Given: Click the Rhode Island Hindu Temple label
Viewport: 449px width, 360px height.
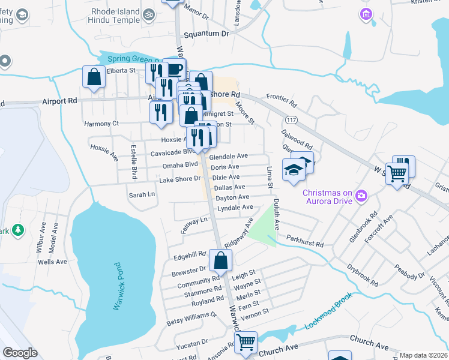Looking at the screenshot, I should click(x=115, y=16).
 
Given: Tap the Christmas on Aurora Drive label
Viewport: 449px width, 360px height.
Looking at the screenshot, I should click(x=327, y=197).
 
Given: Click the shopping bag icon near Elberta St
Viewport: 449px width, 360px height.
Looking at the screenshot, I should click(x=94, y=77).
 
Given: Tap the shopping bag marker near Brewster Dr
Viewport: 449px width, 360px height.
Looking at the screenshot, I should click(x=221, y=260).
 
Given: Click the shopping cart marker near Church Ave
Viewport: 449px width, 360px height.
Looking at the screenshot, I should click(x=246, y=343).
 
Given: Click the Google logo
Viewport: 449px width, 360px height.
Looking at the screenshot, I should click(x=20, y=353).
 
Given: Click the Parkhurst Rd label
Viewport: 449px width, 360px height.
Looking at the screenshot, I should click(x=305, y=244).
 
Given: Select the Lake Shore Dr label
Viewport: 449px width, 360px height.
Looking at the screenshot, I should click(x=179, y=179).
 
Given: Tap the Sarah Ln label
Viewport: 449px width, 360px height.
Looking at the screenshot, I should click(x=142, y=194).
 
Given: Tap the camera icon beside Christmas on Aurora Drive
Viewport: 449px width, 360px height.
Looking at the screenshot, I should click(x=361, y=194).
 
